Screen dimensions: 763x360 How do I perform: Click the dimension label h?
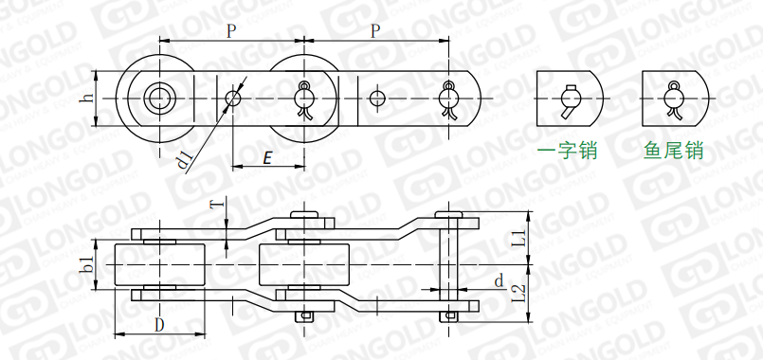tap(87, 98)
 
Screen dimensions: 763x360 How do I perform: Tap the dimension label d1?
tap(186, 161)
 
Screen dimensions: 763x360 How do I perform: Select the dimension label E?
tap(266, 157)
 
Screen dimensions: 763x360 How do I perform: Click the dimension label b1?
tap(88, 264)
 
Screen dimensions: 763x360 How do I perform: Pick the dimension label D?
tap(159, 325)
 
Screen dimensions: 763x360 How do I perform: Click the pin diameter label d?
tap(499, 280)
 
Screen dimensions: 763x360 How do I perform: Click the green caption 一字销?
tap(567, 151)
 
